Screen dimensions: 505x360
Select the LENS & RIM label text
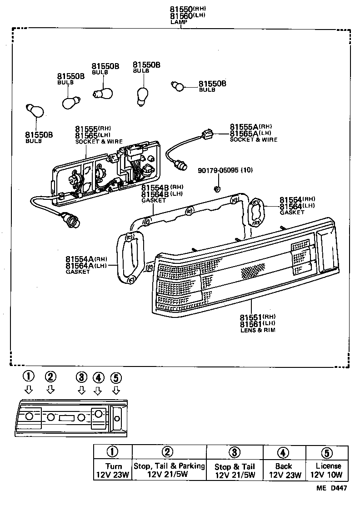click(257, 330)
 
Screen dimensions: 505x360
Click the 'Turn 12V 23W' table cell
click(113, 470)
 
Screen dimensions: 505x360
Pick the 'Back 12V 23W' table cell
click(283, 470)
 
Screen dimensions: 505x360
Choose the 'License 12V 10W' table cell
click(328, 470)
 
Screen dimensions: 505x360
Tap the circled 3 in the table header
click(234, 452)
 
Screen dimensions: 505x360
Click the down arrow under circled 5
click(116, 390)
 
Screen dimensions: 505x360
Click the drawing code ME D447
click(332, 489)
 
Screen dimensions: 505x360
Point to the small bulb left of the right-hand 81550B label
click(177, 85)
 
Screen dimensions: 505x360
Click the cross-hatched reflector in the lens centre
click(253, 271)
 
